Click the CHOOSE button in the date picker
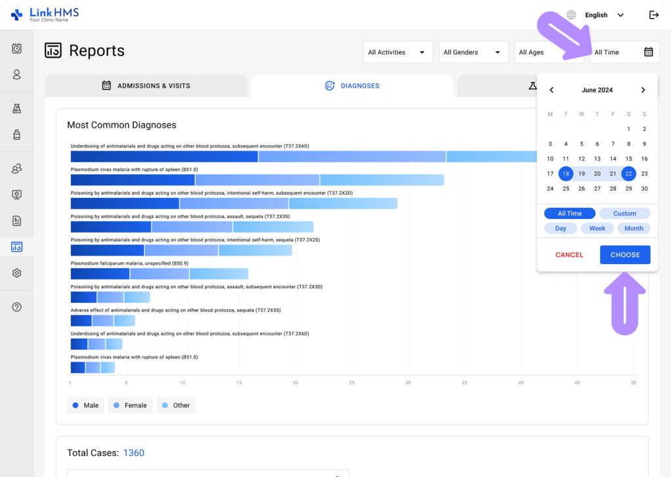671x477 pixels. pos(624,255)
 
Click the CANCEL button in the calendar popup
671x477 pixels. pos(569,255)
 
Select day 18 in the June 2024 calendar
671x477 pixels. pos(566,174)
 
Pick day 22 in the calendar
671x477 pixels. pos(628,174)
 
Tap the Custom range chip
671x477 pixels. pos(624,214)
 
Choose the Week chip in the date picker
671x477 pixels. pos(597,229)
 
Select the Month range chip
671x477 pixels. pos(634,229)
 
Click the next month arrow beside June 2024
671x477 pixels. pos(643,90)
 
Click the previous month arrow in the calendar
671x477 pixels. pos(551,90)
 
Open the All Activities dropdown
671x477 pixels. pos(398,52)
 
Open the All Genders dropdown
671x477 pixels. pos(473,52)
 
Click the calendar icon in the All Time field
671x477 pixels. pos(648,52)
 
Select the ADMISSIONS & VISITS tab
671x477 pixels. pos(146,86)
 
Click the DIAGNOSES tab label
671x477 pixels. pos(360,86)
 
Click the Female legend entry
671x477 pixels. pos(130,406)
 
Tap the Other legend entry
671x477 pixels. pos(176,406)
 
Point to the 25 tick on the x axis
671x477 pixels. pos(352,383)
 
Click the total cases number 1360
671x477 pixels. pos(134,453)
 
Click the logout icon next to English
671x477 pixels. pos(653,15)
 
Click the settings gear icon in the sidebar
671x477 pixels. pos(17,273)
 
